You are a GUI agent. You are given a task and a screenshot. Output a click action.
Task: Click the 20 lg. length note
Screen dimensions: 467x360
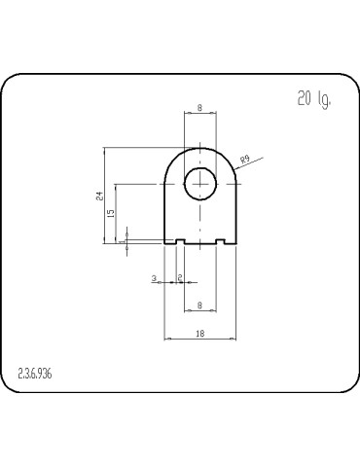click(314, 99)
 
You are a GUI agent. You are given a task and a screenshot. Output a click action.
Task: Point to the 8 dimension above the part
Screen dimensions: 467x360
click(199, 108)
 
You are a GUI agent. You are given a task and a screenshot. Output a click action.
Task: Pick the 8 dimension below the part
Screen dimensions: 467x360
click(199, 305)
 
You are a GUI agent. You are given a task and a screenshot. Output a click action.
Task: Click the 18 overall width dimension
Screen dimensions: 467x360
click(199, 333)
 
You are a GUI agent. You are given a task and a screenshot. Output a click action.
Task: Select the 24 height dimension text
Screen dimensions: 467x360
click(98, 196)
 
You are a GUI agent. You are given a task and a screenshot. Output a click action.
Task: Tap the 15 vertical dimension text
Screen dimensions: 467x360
click(111, 213)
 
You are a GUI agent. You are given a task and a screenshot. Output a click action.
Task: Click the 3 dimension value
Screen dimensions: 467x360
click(155, 278)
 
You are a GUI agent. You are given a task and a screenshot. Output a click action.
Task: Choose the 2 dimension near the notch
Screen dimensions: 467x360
click(181, 278)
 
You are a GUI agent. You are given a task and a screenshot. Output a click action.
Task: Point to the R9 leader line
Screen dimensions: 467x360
click(248, 164)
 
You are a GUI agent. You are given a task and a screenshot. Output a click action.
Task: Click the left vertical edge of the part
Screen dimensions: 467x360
click(164, 214)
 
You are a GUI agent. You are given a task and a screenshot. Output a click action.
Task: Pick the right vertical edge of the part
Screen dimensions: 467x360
click(236, 214)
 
